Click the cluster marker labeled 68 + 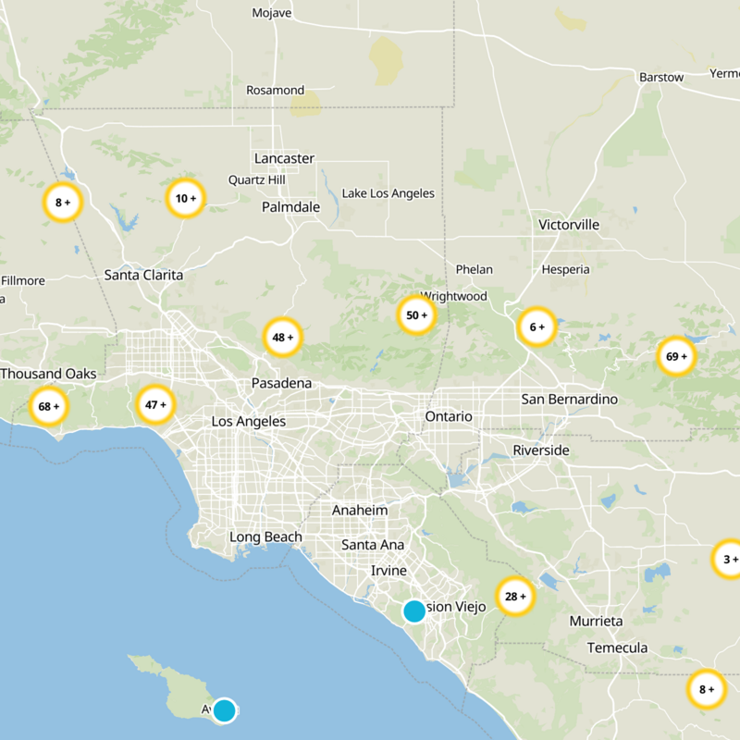point(49,406)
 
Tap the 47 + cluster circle point(155,404)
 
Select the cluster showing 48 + point(283,338)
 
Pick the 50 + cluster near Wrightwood point(417,315)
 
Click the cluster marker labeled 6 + point(536,327)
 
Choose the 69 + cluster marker point(677,356)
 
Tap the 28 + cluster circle point(515,597)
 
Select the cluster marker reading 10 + point(186,198)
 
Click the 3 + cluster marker point(730,559)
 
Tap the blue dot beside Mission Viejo point(414,610)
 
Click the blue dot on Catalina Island point(224,710)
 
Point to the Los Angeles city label point(249,421)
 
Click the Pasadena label point(281,383)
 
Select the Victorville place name point(569,225)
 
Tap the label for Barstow point(661,77)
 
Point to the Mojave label point(272,13)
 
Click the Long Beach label point(265,537)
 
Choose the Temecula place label point(617,647)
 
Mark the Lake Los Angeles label point(388,193)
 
